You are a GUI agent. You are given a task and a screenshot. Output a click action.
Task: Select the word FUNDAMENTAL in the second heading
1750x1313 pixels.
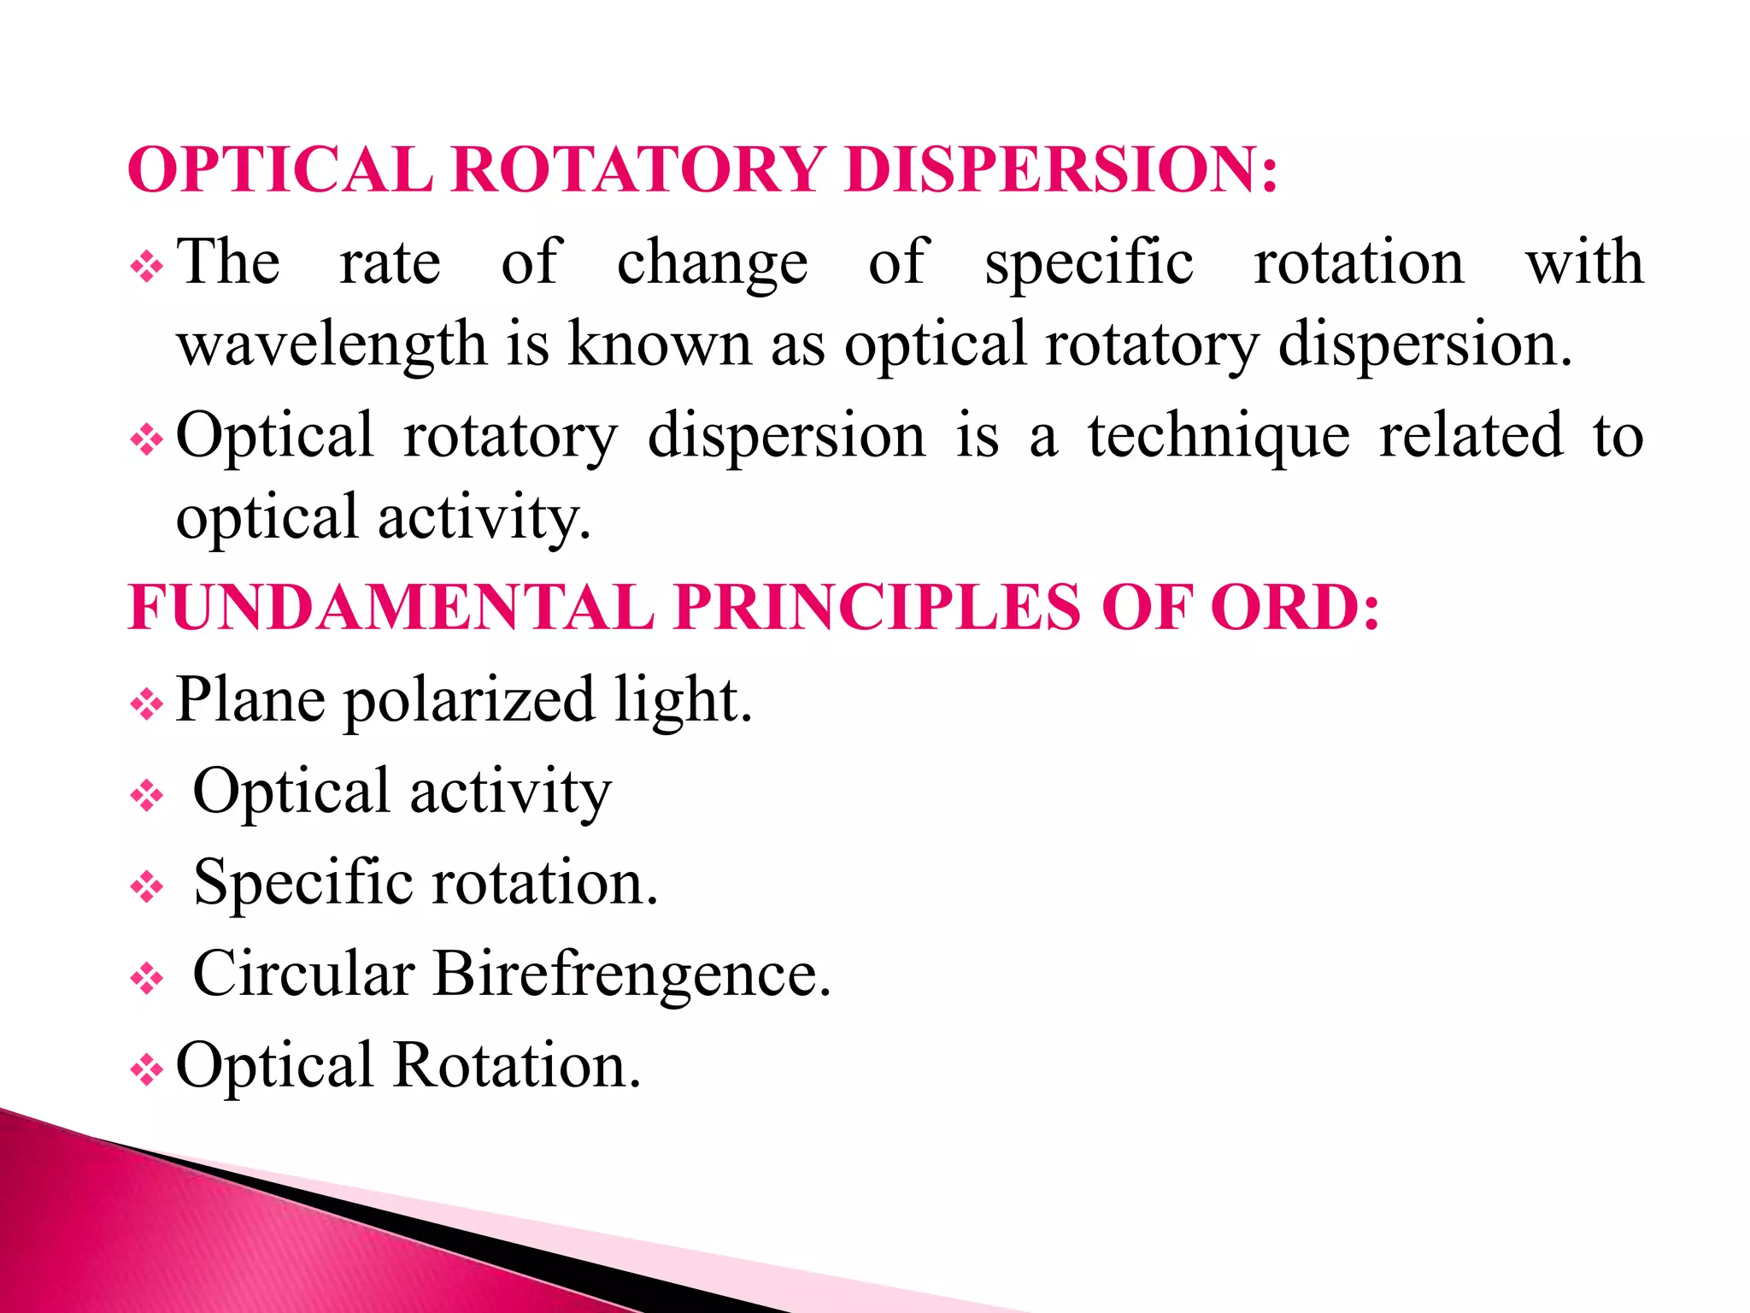[x=391, y=608]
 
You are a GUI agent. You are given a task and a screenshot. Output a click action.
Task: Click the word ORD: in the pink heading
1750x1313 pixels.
[x=1294, y=608]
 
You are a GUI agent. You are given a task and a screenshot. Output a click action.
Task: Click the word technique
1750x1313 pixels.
[x=1219, y=436]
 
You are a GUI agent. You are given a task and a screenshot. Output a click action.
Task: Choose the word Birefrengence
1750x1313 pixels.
[x=631, y=974]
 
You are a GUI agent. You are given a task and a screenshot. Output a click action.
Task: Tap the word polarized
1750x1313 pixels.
[x=469, y=700]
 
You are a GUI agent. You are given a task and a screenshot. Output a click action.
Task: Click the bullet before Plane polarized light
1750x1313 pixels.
[x=146, y=705]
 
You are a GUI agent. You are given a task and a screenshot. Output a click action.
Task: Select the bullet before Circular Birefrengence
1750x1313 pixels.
[x=146, y=979]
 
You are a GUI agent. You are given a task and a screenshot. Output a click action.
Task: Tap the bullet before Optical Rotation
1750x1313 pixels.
[x=146, y=1070]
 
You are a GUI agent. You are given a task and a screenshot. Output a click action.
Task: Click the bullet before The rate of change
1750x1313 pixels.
[x=146, y=268]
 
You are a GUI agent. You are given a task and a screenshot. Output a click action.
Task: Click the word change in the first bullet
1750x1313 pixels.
[x=712, y=263]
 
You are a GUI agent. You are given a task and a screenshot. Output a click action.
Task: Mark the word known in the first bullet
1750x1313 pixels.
[x=659, y=345]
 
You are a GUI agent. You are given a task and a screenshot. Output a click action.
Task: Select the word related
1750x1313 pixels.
[x=1471, y=436]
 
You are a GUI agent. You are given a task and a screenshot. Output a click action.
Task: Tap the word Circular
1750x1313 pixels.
[x=303, y=974]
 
